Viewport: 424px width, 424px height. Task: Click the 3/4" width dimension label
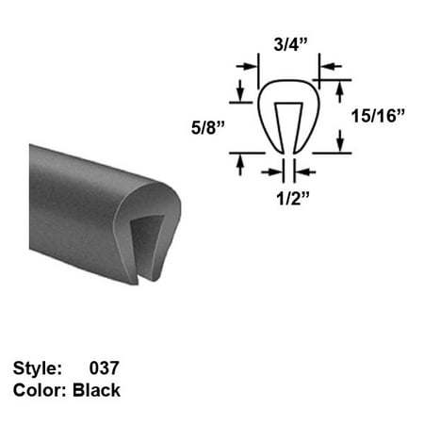click(288, 43)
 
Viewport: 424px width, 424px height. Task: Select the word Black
click(97, 390)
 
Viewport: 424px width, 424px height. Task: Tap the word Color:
click(40, 390)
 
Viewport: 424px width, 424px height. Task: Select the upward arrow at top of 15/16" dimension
click(338, 89)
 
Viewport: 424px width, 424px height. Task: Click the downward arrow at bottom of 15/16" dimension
click(338, 143)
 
